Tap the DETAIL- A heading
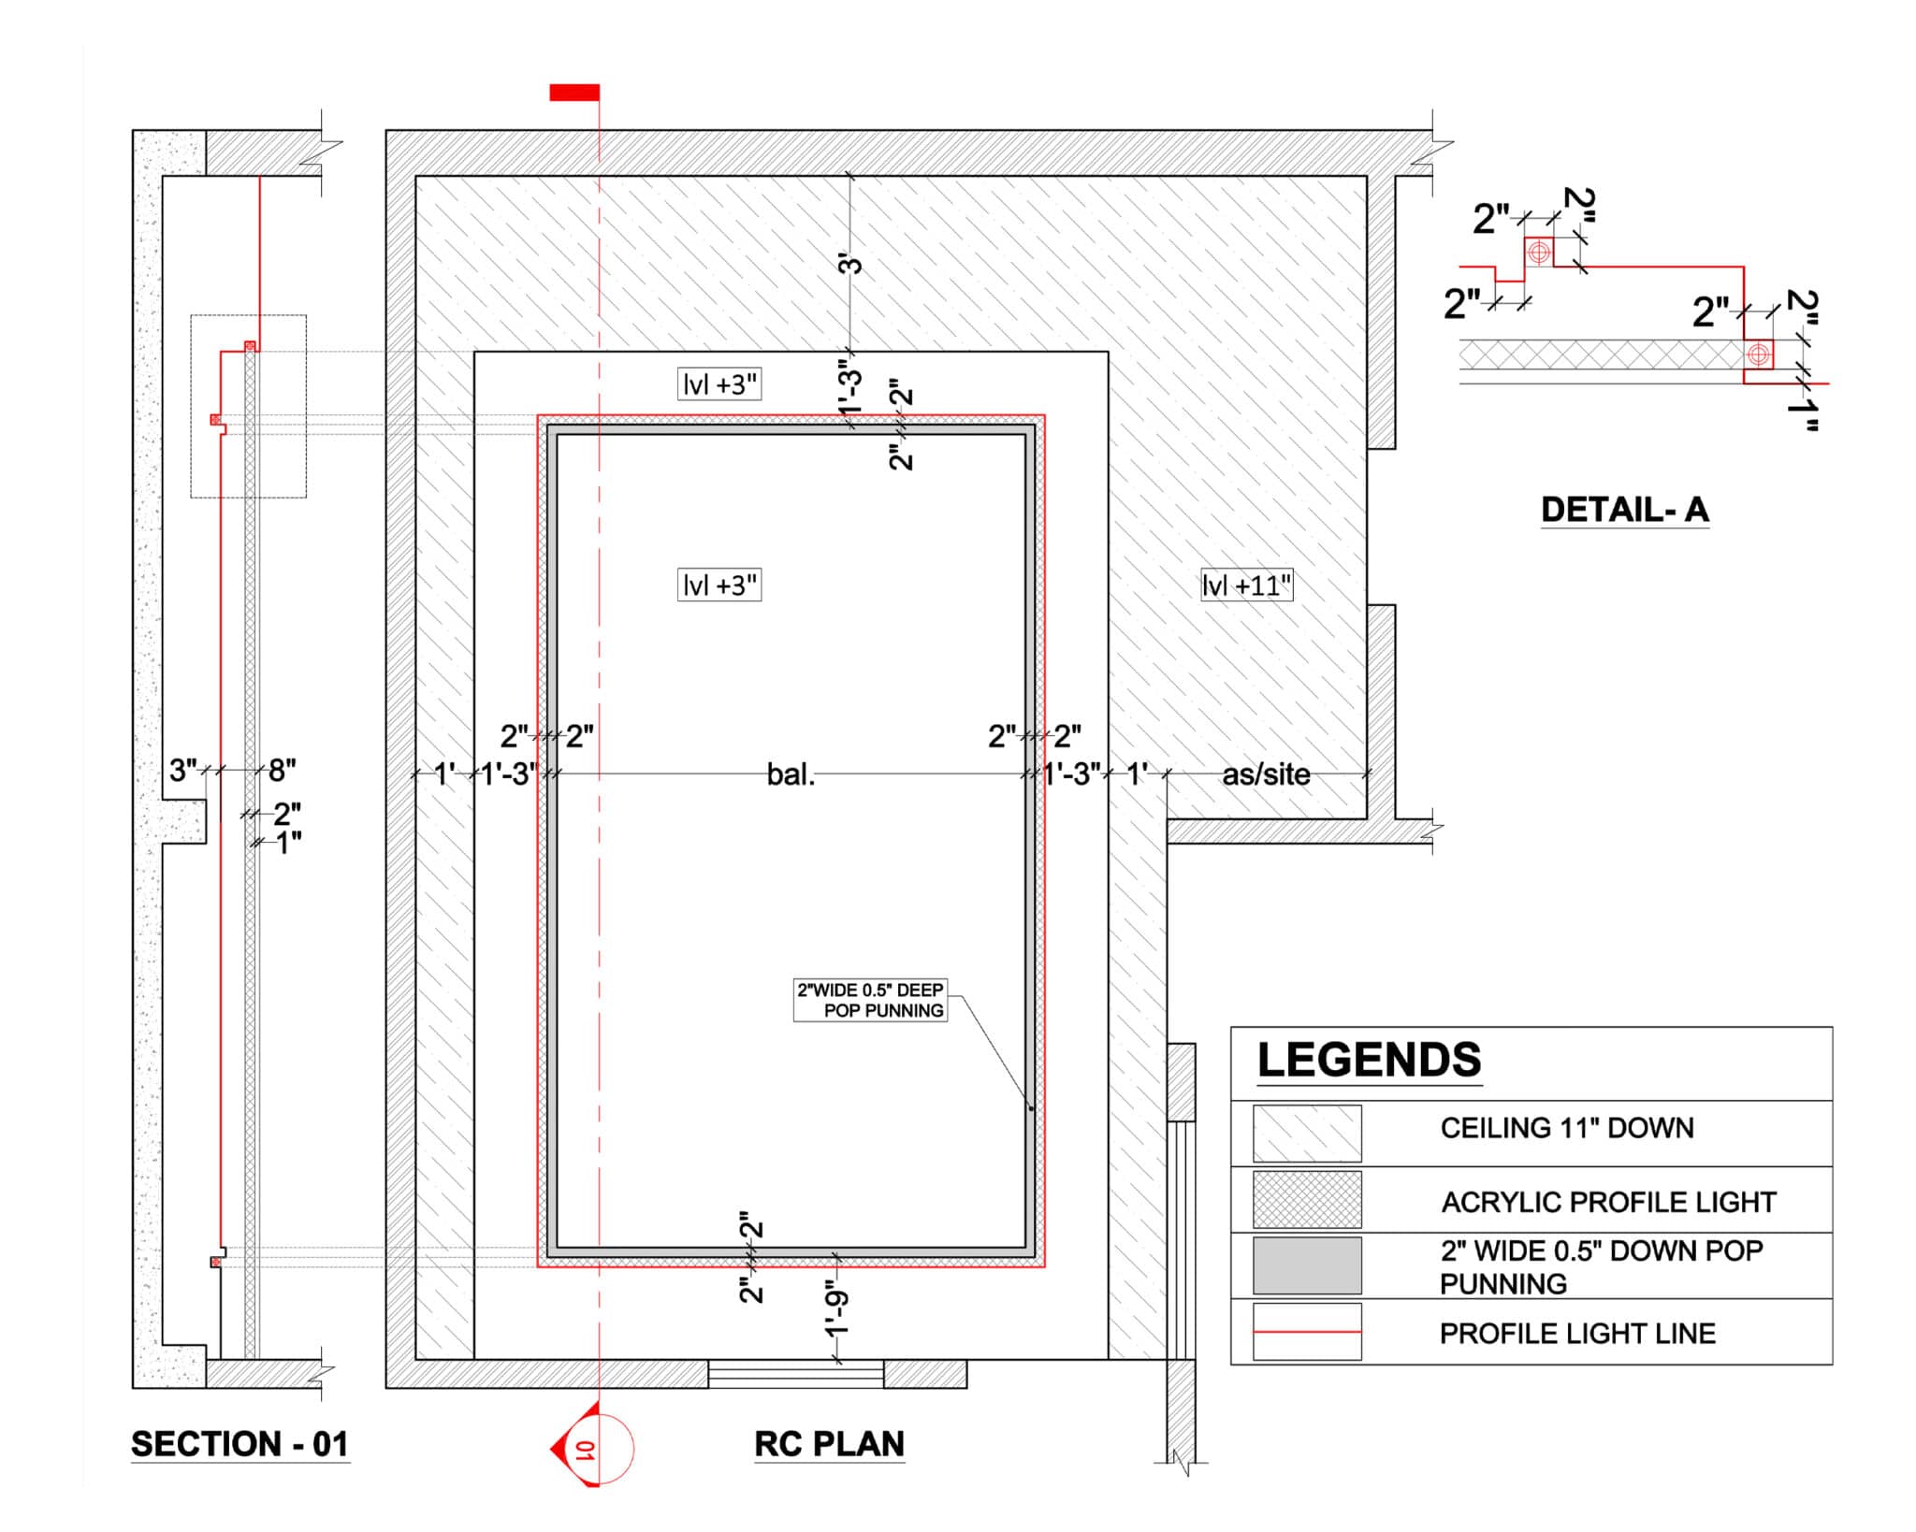1625,510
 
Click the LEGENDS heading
1369,1060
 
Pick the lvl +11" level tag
1247,586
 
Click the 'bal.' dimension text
791,774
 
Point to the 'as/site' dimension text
1266,774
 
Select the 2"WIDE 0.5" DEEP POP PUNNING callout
870,1000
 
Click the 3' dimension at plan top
849,265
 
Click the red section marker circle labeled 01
600,1449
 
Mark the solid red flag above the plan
574,92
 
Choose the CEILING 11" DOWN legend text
1567,1128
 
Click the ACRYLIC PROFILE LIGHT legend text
1608,1202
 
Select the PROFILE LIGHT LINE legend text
1577,1333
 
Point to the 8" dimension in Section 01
282,770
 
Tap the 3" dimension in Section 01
183,770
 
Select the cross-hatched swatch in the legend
1307,1200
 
